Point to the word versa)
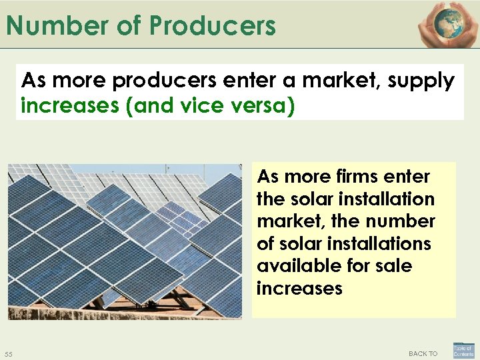261,105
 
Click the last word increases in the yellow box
299,289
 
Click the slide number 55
9,353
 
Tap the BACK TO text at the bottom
423,353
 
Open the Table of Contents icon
463,351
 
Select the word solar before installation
303,199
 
